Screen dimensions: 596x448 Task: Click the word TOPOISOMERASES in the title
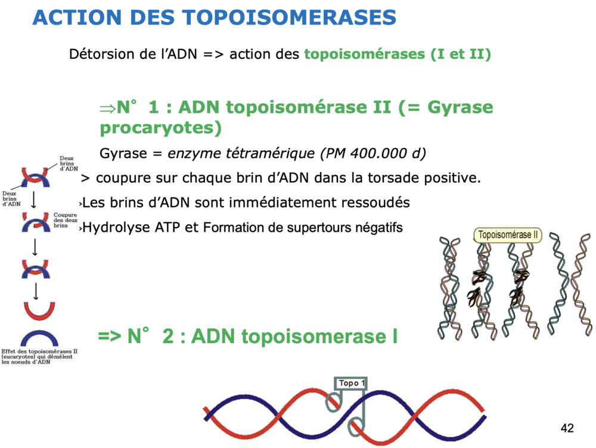coord(289,17)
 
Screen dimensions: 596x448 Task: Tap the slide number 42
coord(567,428)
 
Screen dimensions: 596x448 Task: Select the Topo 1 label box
coord(351,383)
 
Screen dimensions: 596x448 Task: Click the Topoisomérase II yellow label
coord(508,235)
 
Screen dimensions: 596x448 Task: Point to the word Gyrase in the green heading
coord(460,107)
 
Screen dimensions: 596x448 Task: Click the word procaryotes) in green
coord(160,128)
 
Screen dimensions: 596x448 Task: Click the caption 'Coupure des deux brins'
coord(66,220)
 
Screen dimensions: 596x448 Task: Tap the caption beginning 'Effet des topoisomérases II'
coord(39,357)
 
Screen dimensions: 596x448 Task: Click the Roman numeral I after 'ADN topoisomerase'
coord(395,336)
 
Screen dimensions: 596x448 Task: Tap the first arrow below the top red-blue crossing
coord(33,199)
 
